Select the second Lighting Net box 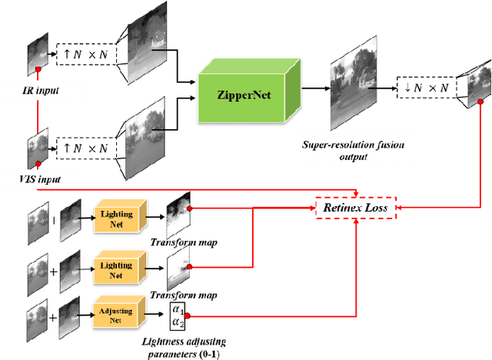(x=115, y=268)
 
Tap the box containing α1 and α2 (x=178, y=315)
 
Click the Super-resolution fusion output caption (x=354, y=149)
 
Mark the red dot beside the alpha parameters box (x=189, y=315)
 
